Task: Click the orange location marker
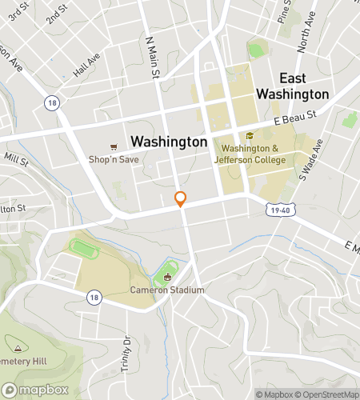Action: tap(181, 199)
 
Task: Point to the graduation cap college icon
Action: tap(250, 136)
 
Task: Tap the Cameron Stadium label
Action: tap(168, 290)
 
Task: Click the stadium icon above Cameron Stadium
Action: tap(168, 278)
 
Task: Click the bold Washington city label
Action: tap(169, 142)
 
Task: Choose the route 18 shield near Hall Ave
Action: tap(52, 102)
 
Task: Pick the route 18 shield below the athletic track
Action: tap(95, 297)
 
